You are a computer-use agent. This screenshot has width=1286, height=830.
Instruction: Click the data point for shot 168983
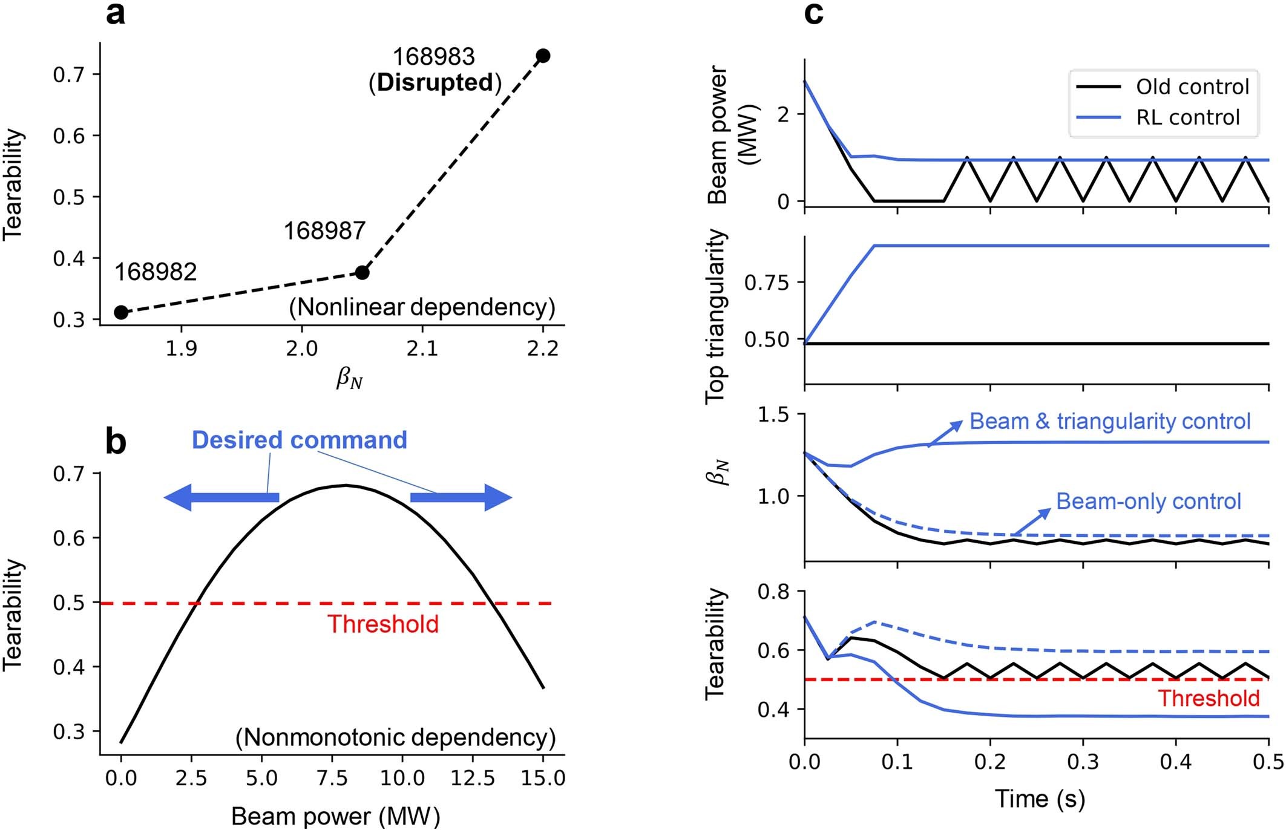pyautogui.click(x=543, y=56)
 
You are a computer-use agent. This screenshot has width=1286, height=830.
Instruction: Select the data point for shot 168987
pyautogui.click(x=362, y=272)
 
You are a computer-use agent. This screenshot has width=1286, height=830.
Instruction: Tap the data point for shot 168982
pyautogui.click(x=121, y=312)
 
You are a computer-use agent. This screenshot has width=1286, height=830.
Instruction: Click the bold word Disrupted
pyautogui.click(x=435, y=83)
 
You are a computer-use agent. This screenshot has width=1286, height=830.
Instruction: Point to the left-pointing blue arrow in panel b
pyautogui.click(x=221, y=497)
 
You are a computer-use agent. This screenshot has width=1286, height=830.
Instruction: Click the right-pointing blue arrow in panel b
pyautogui.click(x=461, y=497)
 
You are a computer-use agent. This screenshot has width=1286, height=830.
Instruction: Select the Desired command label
pyautogui.click(x=299, y=440)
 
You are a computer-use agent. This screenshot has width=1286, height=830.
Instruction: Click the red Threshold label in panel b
pyautogui.click(x=383, y=624)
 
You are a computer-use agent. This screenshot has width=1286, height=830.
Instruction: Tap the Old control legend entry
pyautogui.click(x=1162, y=87)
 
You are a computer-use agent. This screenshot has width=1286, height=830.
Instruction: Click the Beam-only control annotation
pyautogui.click(x=1148, y=501)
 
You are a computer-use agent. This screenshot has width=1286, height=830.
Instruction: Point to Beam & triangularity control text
pyautogui.click(x=1109, y=421)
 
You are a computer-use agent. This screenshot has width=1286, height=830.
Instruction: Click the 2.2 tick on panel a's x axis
pyautogui.click(x=542, y=348)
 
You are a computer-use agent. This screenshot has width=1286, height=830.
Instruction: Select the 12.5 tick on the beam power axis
pyautogui.click(x=472, y=778)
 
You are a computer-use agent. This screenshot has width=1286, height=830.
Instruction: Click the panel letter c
pyautogui.click(x=813, y=13)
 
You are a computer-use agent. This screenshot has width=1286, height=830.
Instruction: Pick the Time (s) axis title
pyautogui.click(x=1040, y=799)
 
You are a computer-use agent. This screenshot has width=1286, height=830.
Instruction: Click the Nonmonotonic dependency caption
pyautogui.click(x=395, y=737)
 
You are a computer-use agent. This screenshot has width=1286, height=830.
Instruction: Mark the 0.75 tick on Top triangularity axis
pyautogui.click(x=767, y=283)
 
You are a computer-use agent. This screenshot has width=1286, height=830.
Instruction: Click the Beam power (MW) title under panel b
pyautogui.click(x=335, y=816)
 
